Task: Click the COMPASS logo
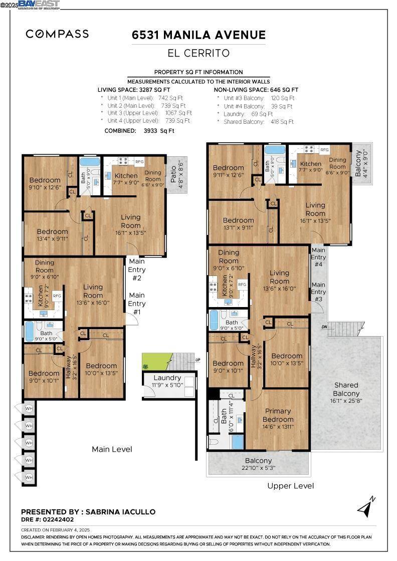pyautogui.click(x=57, y=34)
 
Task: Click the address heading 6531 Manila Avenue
pyautogui.click(x=198, y=35)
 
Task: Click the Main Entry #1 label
pyautogui.click(x=136, y=303)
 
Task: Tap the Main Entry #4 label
pyautogui.click(x=318, y=256)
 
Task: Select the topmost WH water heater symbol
pyautogui.click(x=29, y=407)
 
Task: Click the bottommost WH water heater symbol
pyautogui.click(x=29, y=477)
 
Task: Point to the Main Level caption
pyautogui.click(x=112, y=449)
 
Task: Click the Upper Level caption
pyautogui.click(x=290, y=486)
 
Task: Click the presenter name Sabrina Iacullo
pyautogui.click(x=120, y=512)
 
